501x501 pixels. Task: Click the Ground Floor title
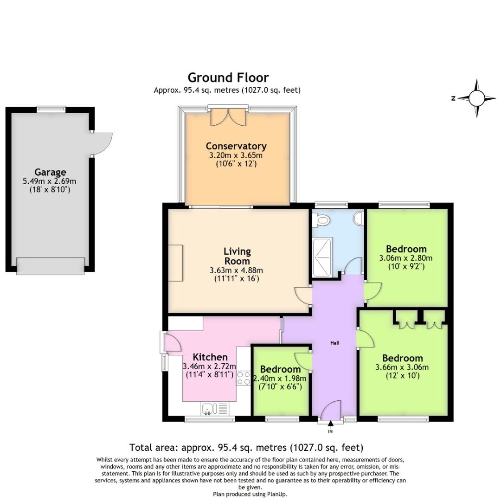click(228, 77)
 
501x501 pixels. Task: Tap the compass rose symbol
click(476, 98)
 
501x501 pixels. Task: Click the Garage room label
click(50, 172)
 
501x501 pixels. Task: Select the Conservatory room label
click(236, 146)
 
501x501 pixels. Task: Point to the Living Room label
click(237, 256)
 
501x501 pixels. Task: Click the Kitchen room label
click(210, 357)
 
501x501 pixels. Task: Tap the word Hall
click(334, 343)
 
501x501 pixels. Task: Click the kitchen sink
click(209, 409)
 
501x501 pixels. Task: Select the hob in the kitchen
click(244, 378)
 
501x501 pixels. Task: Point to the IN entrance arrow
click(330, 424)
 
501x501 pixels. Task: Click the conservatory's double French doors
click(227, 117)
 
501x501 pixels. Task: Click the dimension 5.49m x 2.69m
click(50, 181)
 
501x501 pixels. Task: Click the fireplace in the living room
click(175, 263)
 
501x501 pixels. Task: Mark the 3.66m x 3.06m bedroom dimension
click(402, 367)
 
